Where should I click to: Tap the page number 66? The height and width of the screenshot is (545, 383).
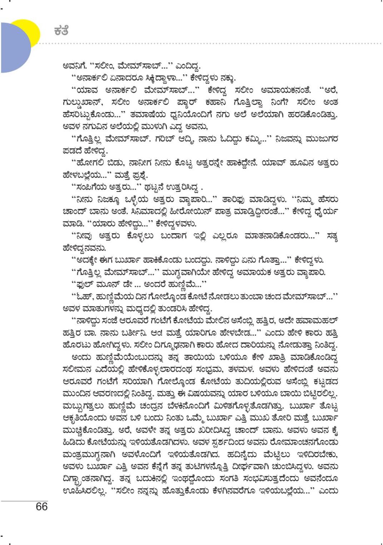(x=41, y=506)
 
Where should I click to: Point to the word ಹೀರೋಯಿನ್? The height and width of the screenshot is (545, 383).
(x=188, y=211)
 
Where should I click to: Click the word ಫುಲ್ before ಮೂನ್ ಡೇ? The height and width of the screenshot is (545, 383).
(x=84, y=284)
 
